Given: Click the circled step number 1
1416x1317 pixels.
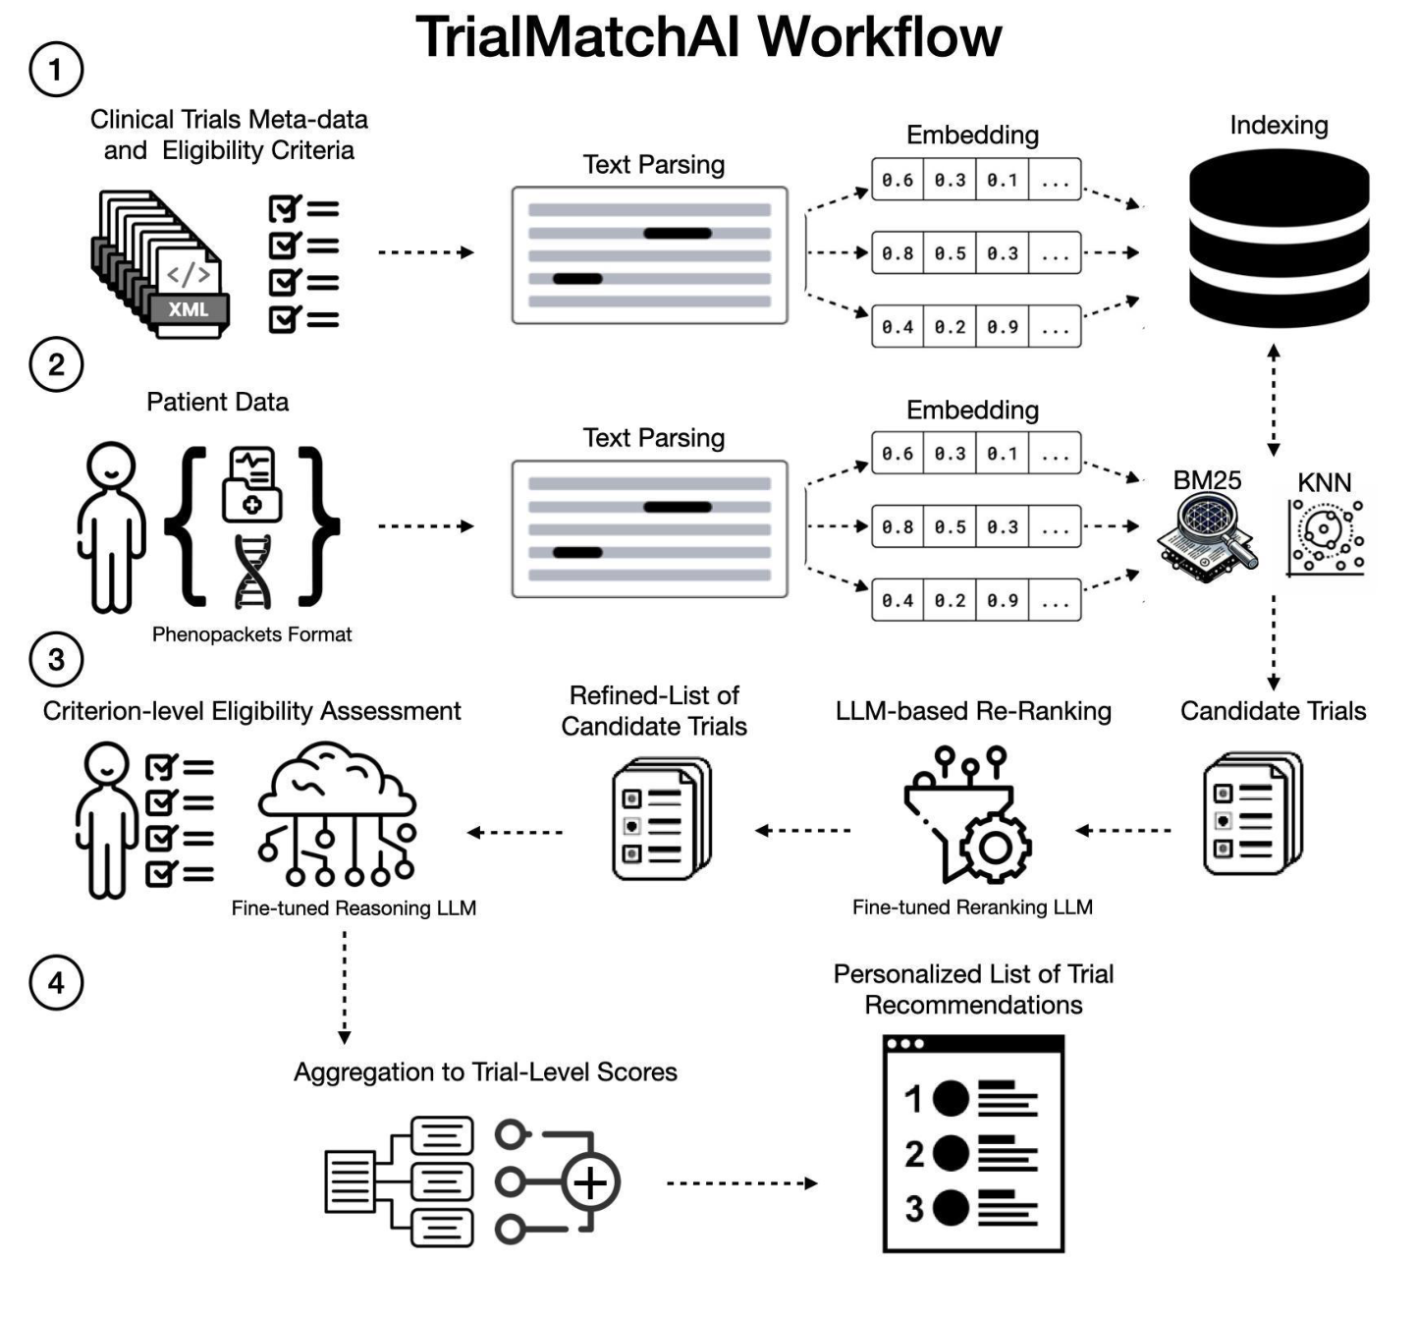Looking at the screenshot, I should tap(56, 70).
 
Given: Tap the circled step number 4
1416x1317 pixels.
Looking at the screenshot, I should tap(56, 983).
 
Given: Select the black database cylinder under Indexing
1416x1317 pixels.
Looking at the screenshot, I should tap(1279, 239).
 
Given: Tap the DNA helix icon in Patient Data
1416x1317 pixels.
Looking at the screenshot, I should tap(252, 573).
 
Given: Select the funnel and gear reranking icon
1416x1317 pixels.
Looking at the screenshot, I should tap(968, 816).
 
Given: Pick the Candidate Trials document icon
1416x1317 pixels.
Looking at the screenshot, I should tap(1252, 814).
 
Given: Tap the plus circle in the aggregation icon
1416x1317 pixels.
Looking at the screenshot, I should tap(590, 1182).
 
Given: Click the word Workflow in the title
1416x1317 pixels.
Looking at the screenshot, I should tap(880, 38).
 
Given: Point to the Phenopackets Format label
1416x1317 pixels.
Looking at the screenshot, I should tap(251, 634).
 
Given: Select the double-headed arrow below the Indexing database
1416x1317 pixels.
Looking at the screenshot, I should tap(1274, 401).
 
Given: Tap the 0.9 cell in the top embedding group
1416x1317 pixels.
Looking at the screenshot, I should tap(1003, 327).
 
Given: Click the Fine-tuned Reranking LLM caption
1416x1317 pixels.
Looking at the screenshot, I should tap(972, 907).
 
